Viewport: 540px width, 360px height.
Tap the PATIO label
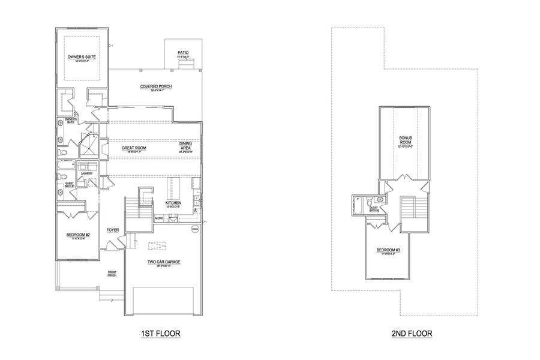[183, 53]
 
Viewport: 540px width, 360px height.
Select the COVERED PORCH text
[156, 86]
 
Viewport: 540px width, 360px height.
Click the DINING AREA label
[185, 146]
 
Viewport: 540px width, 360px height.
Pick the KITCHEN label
[173, 203]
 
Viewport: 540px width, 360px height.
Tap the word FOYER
[112, 230]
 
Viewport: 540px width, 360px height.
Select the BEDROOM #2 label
[79, 235]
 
